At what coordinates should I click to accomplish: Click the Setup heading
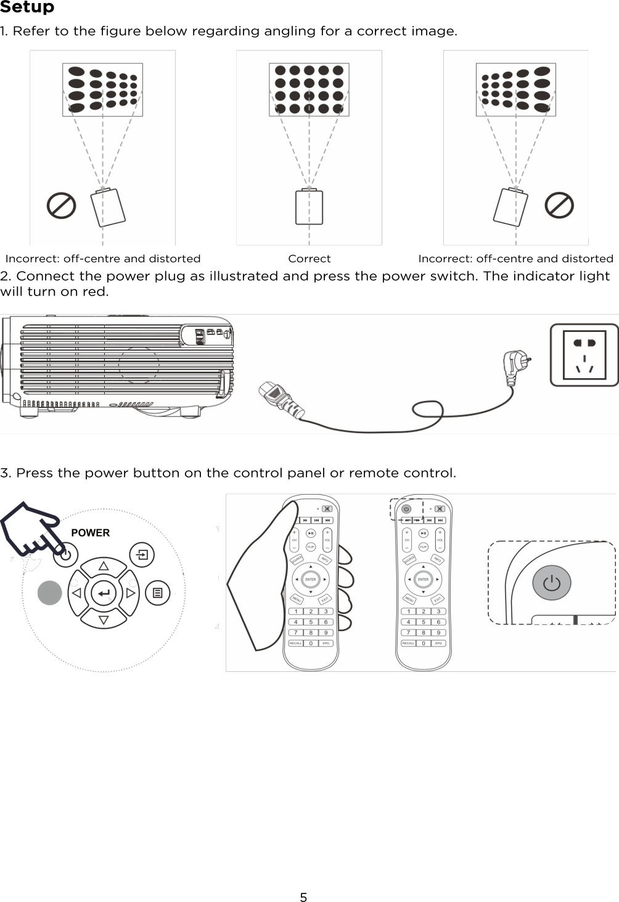tap(27, 7)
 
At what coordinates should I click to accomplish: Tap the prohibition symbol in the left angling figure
tap(62, 206)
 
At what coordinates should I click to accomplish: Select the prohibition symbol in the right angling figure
tap(559, 205)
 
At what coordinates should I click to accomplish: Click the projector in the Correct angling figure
tap(309, 207)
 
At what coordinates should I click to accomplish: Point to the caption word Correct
tap(309, 259)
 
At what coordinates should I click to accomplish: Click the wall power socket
tap(584, 355)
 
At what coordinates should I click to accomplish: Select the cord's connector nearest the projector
tap(281, 399)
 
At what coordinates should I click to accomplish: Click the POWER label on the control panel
tap(90, 532)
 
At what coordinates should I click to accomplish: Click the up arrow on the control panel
tap(104, 566)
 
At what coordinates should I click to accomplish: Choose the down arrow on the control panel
tap(104, 620)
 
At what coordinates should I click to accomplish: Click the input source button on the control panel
tap(142, 555)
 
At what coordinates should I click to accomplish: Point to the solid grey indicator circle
tap(50, 593)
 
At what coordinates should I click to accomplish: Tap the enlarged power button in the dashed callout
tap(552, 583)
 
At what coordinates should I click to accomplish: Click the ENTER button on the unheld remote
tap(423, 579)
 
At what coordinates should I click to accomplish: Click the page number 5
tap(303, 897)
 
